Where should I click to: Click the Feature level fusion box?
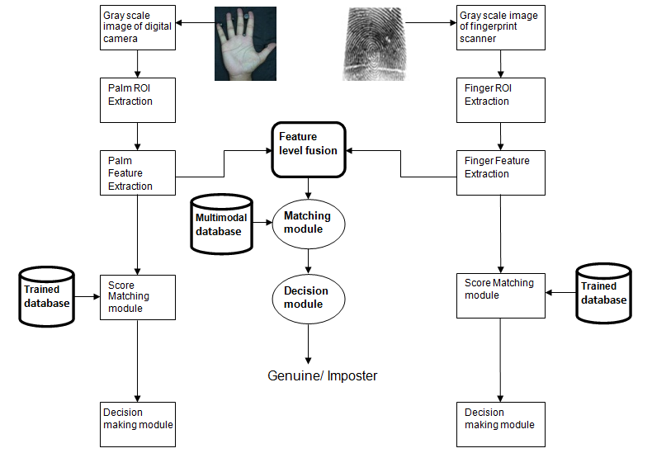point(309,149)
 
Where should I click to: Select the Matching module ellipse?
point(308,223)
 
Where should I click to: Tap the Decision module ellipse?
point(308,298)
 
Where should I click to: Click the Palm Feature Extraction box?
point(137,172)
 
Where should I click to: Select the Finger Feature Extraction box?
point(500,172)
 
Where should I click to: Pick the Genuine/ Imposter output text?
point(322,375)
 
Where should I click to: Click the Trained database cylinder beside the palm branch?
point(46,296)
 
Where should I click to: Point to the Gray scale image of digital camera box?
point(137,27)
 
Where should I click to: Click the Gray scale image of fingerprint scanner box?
point(500,27)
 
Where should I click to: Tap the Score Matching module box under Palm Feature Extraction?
point(137,297)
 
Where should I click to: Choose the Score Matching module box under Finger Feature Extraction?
point(500,295)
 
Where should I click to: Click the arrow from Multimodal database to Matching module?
point(262,223)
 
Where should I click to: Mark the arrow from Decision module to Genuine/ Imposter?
point(308,343)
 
